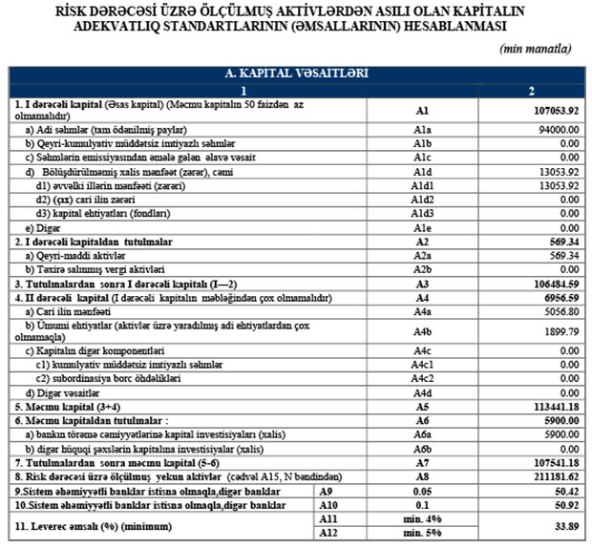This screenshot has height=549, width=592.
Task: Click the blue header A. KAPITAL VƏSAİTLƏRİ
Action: point(296,73)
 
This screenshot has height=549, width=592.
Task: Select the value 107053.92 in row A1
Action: point(553,110)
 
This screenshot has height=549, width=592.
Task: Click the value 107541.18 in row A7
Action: point(553,461)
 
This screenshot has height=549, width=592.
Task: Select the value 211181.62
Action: point(553,475)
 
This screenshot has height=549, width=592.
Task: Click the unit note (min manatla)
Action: point(536,49)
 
